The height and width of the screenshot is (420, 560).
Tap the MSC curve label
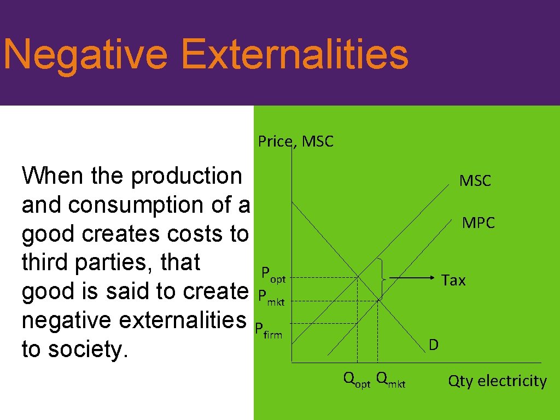(x=475, y=180)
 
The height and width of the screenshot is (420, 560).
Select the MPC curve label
(x=478, y=223)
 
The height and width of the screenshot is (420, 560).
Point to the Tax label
(x=453, y=280)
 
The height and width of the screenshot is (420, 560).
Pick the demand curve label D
(x=433, y=345)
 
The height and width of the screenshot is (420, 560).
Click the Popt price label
(x=273, y=274)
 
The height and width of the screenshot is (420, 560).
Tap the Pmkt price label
(x=271, y=298)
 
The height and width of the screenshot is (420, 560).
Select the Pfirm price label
(x=269, y=330)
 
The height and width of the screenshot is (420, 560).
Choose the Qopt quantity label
(x=356, y=379)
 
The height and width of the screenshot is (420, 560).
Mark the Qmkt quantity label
(x=391, y=379)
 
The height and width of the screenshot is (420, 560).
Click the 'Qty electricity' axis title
(x=497, y=381)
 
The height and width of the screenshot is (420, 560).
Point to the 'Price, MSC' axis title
(x=295, y=142)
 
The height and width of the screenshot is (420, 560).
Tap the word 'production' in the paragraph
(x=186, y=176)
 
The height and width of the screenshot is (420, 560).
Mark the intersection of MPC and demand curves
(x=378, y=299)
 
